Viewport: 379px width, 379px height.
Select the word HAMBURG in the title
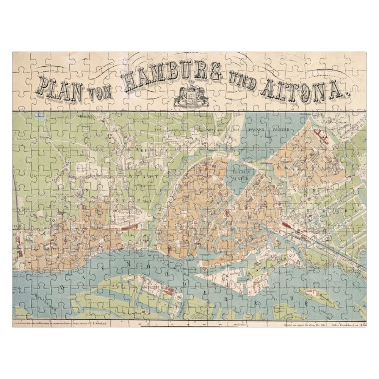coord(172,78)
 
